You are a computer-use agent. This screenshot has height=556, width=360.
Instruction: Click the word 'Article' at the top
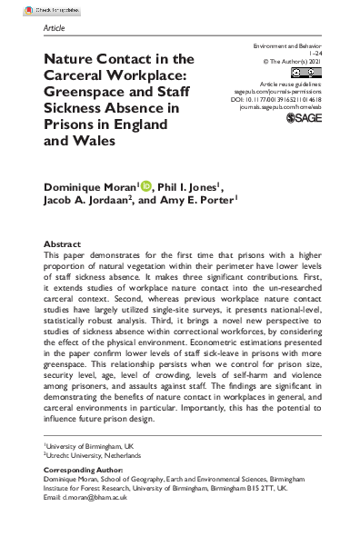[55, 28]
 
